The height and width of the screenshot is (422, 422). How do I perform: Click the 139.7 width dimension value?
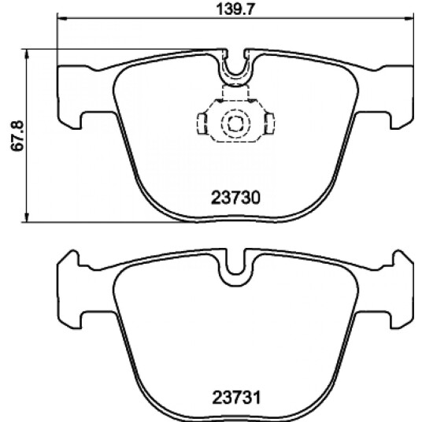(x=235, y=9)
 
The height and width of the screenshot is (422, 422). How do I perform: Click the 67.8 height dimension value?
(x=18, y=136)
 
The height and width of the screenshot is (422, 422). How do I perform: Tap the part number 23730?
(x=235, y=198)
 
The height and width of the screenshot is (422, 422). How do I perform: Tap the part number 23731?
(x=236, y=398)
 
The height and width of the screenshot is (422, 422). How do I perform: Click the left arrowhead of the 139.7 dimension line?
(x=62, y=18)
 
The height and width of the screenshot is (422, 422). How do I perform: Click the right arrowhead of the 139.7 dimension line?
(x=409, y=18)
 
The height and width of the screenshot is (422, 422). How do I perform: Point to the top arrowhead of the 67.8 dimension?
(x=27, y=54)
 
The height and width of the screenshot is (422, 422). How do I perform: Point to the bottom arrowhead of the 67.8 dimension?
(x=27, y=217)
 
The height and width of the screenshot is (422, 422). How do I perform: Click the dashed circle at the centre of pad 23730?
(x=235, y=123)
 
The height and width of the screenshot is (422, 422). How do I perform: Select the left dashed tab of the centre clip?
(x=202, y=124)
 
